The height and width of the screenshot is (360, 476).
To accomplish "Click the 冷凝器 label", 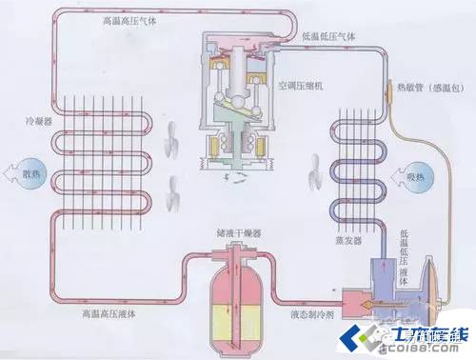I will pos(35,123).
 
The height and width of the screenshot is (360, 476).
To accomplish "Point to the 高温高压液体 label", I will pos(101,311).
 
